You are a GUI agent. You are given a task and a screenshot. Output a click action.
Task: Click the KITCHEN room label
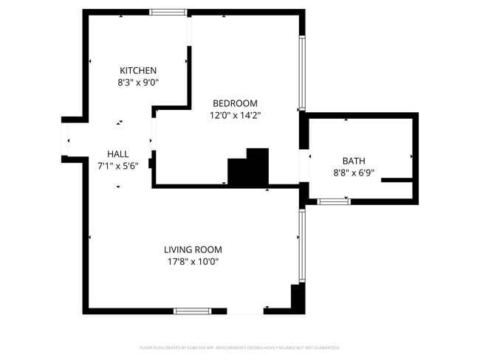(138, 70)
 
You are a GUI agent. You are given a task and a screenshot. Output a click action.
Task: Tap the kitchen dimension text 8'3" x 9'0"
(138, 83)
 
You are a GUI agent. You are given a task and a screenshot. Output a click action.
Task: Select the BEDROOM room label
(235, 103)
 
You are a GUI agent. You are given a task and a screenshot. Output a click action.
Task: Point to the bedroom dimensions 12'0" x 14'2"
(235, 115)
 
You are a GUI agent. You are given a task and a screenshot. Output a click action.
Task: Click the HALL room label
(118, 153)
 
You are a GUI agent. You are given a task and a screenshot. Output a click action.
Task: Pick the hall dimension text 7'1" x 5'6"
(118, 166)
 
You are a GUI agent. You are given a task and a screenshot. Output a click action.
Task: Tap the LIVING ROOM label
(193, 249)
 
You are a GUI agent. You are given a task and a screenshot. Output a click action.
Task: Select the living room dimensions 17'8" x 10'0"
(193, 262)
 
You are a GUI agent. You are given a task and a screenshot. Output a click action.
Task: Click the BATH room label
(353, 161)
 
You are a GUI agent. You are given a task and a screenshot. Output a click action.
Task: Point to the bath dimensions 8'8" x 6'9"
(353, 173)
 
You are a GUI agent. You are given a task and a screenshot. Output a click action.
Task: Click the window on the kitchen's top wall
(168, 12)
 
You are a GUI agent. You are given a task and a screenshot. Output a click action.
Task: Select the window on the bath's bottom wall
(333, 201)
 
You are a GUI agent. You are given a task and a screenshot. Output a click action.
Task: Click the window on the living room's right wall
(301, 245)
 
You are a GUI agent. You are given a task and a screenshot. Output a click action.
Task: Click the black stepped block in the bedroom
(249, 169)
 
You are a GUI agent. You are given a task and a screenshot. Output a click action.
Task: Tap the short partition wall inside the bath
(396, 179)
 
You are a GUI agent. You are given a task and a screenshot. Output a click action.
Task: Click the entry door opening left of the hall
(65, 138)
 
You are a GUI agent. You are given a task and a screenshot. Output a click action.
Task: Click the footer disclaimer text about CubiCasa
(240, 347)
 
